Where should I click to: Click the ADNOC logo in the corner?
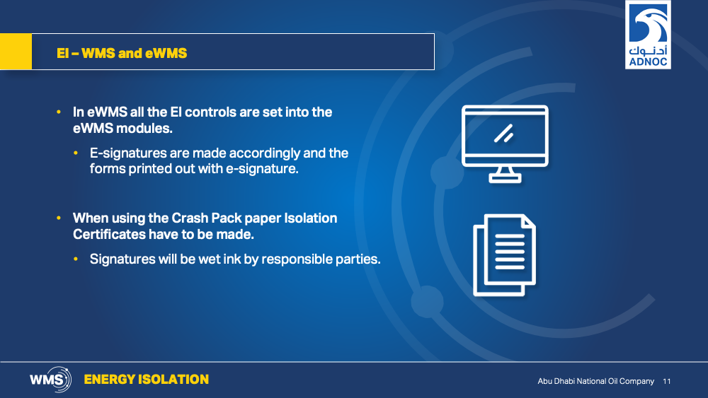click(x=648, y=35)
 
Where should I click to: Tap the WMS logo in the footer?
click(x=50, y=380)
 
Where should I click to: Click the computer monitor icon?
click(x=505, y=144)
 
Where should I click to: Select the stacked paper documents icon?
click(x=504, y=255)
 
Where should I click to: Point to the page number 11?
click(x=667, y=381)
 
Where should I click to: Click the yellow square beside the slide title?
click(x=16, y=52)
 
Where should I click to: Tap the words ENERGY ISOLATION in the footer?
click(x=147, y=380)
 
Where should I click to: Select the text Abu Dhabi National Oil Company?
click(x=595, y=381)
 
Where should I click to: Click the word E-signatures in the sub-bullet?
click(x=128, y=153)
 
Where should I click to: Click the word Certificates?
click(x=109, y=235)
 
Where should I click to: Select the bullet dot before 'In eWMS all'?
click(x=59, y=112)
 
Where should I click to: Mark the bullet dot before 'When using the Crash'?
click(x=59, y=218)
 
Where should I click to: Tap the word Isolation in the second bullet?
click(x=310, y=218)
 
